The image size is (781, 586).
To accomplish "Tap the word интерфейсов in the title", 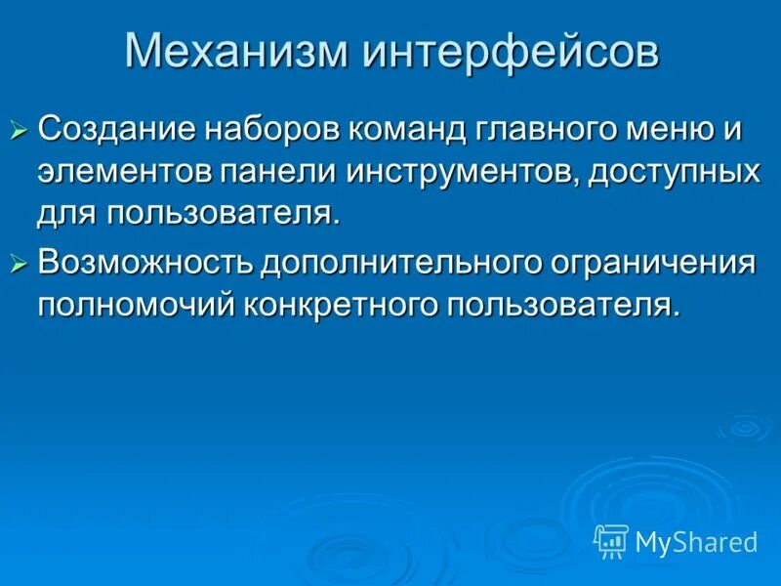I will pyautogui.click(x=511, y=51).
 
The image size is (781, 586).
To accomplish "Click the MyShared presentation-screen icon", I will pyautogui.click(x=611, y=539).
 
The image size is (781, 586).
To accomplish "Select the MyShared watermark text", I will pyautogui.click(x=696, y=541).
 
